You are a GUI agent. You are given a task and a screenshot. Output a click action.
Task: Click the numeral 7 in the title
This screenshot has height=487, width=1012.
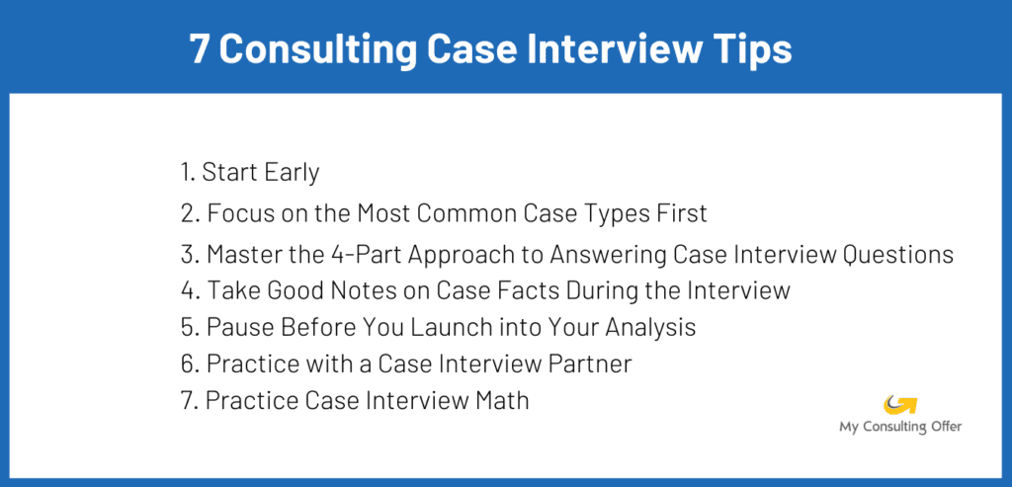200,48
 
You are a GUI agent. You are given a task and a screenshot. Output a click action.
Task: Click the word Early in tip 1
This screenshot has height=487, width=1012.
291,173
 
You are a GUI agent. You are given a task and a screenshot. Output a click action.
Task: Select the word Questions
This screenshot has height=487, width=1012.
896,255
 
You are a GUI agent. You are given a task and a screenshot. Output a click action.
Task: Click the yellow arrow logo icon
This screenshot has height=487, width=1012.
901,404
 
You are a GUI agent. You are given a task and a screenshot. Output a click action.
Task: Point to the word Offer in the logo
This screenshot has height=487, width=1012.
943,427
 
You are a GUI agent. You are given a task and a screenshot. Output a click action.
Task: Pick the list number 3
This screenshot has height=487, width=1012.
189,255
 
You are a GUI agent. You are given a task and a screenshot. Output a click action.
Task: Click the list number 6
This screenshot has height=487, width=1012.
189,364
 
